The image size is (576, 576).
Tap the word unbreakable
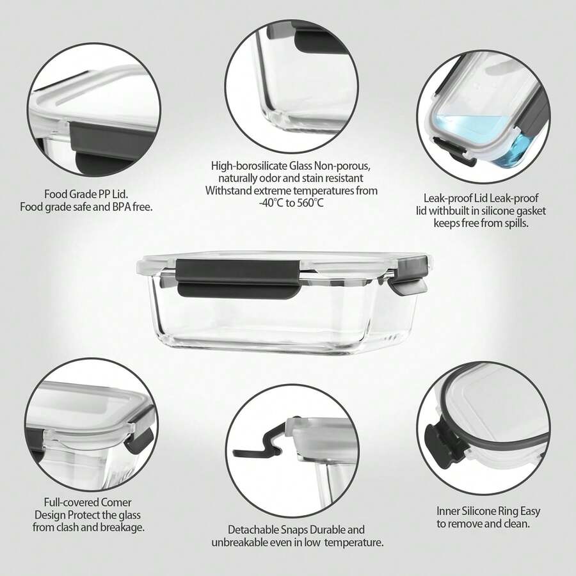click(239, 542)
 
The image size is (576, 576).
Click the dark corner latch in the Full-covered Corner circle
click(140, 436)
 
